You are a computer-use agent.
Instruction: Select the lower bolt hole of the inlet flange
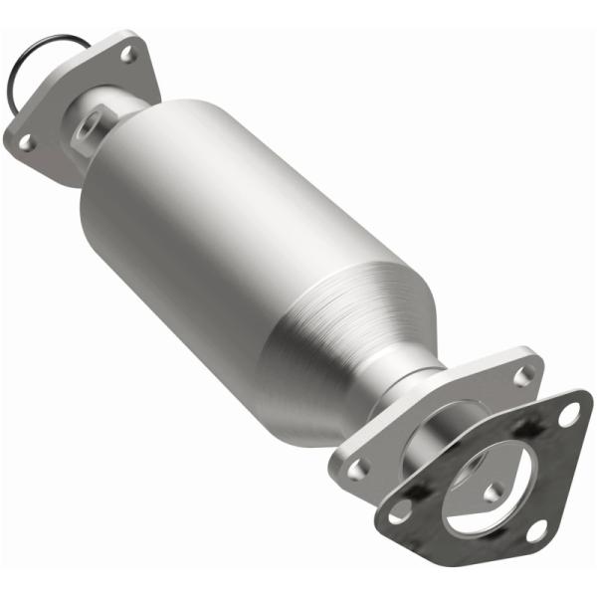(26, 142)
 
